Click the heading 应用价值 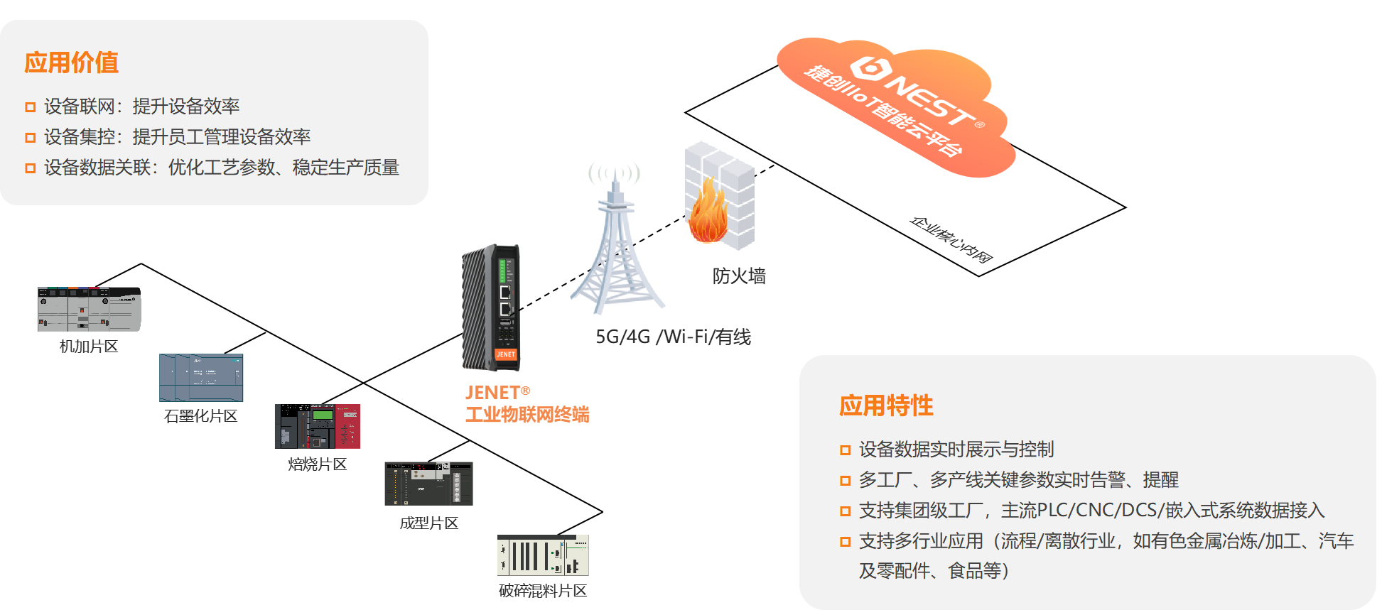coord(71,62)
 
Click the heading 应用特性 coord(886,405)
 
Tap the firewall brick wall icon coord(720,195)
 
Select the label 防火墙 coord(739,276)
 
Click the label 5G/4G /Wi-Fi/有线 coord(673,337)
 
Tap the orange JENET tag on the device coord(506,354)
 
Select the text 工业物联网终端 coord(527,415)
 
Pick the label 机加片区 coord(89,347)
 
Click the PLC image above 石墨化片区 coord(201,378)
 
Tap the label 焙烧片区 coord(317,464)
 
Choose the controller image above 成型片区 coord(428,484)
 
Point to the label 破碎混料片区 coord(543,591)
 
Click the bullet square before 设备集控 coord(31,138)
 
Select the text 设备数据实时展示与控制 coord(956,450)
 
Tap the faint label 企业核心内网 coord(951,239)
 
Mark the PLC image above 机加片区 coord(90,310)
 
